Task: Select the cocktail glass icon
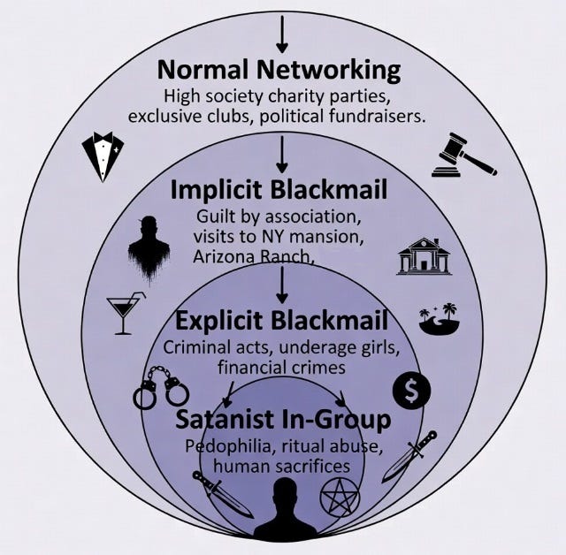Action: pos(126,313)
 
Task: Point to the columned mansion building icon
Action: pos(424,256)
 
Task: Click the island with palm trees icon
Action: pos(440,319)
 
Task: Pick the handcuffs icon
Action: pos(161,388)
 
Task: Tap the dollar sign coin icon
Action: pos(411,390)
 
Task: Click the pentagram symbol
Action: pos(340,498)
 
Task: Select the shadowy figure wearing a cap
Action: pos(149,247)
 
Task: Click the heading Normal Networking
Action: pos(279,69)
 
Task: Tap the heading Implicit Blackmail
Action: pos(279,190)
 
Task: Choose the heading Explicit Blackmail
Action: pos(281,320)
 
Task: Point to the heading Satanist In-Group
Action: pos(283,420)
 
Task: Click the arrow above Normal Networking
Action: pos(282,34)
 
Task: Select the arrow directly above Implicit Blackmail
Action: pos(282,155)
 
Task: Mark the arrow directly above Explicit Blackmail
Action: pos(282,285)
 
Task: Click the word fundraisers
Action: pos(377,117)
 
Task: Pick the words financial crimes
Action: pos(281,368)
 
